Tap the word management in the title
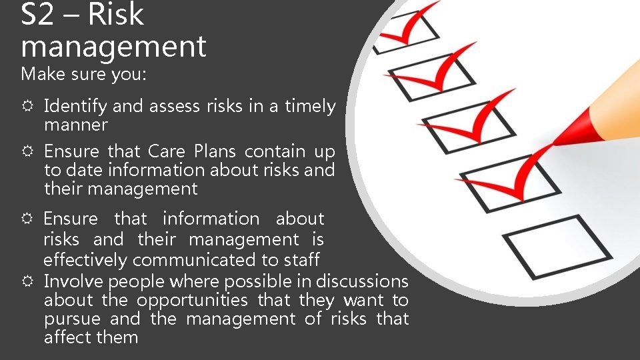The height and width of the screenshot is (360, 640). (113, 47)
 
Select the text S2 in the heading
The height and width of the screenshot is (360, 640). (37, 14)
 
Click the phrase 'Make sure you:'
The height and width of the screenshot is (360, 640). (83, 74)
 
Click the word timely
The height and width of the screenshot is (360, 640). (311, 106)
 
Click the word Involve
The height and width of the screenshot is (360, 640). (73, 281)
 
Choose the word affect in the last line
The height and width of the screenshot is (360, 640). (68, 337)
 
